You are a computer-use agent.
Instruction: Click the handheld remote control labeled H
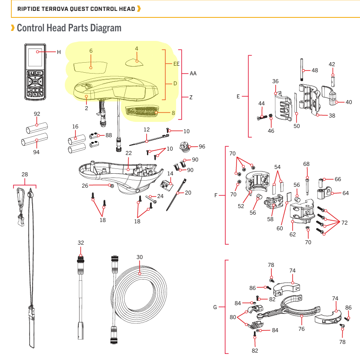click(x=35, y=72)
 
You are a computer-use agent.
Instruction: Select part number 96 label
click(x=202, y=147)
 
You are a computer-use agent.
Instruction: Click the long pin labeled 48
click(x=301, y=70)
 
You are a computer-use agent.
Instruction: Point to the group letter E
click(x=238, y=96)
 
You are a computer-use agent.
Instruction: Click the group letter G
click(x=215, y=307)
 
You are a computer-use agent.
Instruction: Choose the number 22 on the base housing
click(x=128, y=153)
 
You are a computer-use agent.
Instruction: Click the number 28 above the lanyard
click(x=25, y=175)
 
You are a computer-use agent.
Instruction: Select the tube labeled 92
click(x=35, y=130)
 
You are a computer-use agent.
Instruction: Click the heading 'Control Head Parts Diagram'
click(x=69, y=28)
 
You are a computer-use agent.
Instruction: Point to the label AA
click(x=193, y=74)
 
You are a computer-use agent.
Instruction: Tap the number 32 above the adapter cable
click(x=81, y=242)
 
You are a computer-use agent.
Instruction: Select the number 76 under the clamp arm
click(x=301, y=329)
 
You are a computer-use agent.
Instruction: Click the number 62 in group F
click(x=293, y=234)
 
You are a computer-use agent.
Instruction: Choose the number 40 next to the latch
click(x=349, y=102)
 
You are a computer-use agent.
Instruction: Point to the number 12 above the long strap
click(x=147, y=130)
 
